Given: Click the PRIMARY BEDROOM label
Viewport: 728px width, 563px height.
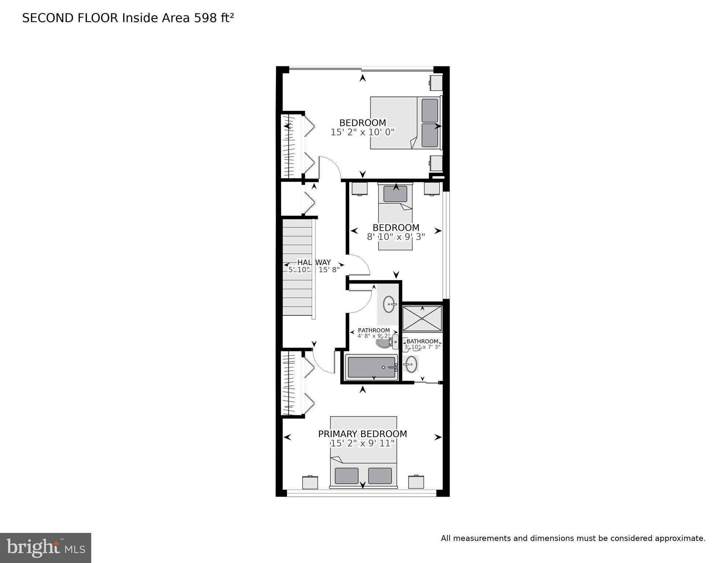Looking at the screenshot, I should pyautogui.click(x=362, y=434).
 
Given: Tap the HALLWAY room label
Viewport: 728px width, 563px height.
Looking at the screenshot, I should pyautogui.click(x=314, y=262).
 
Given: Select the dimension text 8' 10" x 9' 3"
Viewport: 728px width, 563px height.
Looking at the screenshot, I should pyautogui.click(x=396, y=237).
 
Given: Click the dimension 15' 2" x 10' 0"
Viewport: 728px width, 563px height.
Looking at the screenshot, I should pyautogui.click(x=362, y=132).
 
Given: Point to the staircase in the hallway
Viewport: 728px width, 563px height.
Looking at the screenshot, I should pyautogui.click(x=298, y=268).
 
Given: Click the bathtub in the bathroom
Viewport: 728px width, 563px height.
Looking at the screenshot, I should pyautogui.click(x=372, y=367).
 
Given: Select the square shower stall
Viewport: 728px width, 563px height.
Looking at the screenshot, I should pyautogui.click(x=422, y=318).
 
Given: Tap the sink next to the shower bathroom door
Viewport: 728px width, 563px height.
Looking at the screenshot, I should pyautogui.click(x=411, y=364).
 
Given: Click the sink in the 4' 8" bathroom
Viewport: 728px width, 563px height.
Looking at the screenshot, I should pyautogui.click(x=389, y=304).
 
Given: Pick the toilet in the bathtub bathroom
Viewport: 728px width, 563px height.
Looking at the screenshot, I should pyautogui.click(x=385, y=343).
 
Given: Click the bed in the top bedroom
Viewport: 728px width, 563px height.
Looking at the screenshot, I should pyautogui.click(x=405, y=123).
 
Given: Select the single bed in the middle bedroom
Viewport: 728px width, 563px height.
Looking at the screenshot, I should pyautogui.click(x=395, y=216).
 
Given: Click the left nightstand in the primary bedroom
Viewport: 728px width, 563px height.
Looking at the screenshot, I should pyautogui.click(x=310, y=482).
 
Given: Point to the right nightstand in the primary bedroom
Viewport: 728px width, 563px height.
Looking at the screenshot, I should pyautogui.click(x=416, y=482).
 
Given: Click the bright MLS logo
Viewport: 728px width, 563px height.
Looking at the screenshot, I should pyautogui.click(x=45, y=548).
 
